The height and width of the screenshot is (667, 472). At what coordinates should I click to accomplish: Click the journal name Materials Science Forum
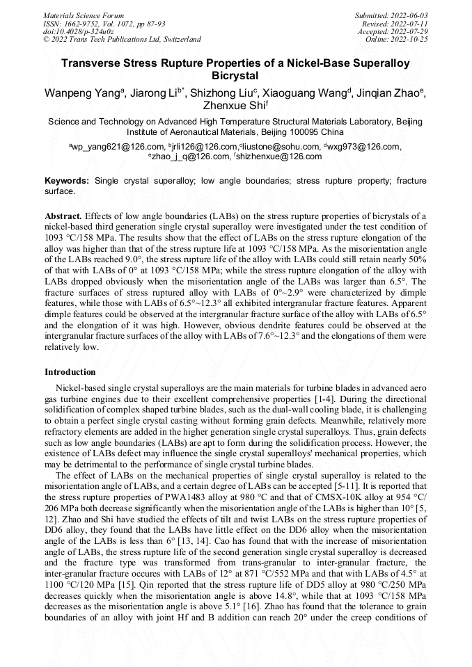84,15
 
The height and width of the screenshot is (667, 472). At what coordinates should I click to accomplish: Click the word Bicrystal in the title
235,75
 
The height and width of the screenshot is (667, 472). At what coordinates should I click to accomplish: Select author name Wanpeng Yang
81,93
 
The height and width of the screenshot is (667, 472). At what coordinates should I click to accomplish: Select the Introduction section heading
70,372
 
